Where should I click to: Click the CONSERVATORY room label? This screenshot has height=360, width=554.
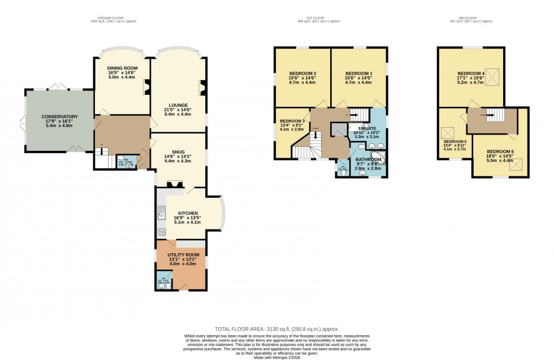(59, 117)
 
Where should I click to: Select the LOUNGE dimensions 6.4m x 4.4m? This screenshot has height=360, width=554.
(178, 114)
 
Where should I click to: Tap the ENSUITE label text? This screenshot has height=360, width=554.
(365, 128)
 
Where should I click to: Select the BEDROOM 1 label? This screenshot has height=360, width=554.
(358, 74)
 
